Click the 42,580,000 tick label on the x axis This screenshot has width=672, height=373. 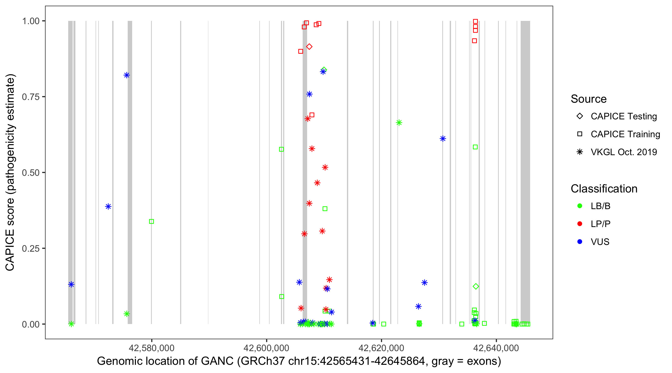pos(151,348)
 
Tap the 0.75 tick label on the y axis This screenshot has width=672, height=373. pos(31,97)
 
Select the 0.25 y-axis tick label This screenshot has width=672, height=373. pos(31,248)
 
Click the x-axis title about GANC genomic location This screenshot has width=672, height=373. pos(299,361)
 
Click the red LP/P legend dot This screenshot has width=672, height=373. pos(580,224)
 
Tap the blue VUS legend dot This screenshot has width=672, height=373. pos(580,242)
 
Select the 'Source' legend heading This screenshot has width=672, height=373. pos(589,99)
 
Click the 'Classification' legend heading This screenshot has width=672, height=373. pos(604,189)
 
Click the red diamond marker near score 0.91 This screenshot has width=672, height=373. pos(309,47)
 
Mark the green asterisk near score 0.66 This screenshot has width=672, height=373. pos(399,123)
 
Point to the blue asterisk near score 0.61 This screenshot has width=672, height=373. pos(443,139)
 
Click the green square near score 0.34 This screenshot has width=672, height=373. pos(151,222)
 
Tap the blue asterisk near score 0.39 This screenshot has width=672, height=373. pos(108,207)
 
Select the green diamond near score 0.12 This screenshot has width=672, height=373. pos(476,286)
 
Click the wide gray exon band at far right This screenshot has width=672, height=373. pos(525,172)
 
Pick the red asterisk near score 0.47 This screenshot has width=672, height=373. pos(317,183)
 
